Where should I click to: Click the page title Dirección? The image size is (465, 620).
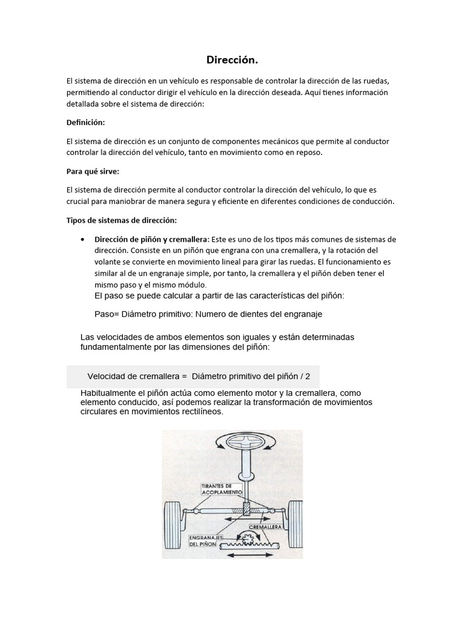pyautogui.click(x=232, y=60)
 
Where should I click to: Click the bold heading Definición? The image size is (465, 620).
pyautogui.click(x=85, y=122)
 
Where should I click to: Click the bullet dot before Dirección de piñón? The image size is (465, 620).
pyautogui.click(x=82, y=239)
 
